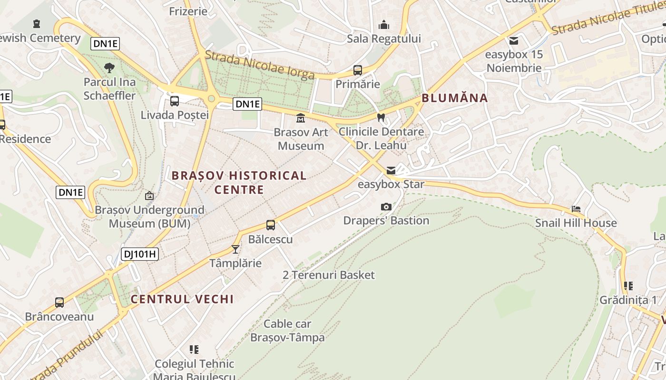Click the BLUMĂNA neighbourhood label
tap(454, 98)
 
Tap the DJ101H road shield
tap(139, 254)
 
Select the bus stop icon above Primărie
tap(358, 70)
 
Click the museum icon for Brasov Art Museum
tap(301, 118)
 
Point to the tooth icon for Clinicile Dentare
tap(381, 117)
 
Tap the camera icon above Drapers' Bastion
tap(386, 207)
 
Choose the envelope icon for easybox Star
tap(391, 170)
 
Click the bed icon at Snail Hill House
tap(576, 209)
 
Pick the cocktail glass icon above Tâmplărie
tap(235, 249)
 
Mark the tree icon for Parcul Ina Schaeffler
tap(109, 68)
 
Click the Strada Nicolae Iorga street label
tap(260, 65)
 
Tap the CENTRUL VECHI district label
tap(182, 299)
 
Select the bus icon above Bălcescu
tap(271, 225)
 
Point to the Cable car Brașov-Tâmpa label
tap(287, 331)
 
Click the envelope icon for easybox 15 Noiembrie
tap(514, 41)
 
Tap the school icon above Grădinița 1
tap(628, 286)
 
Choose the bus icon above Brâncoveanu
tap(59, 303)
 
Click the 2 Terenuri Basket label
tap(329, 275)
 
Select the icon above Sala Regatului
tap(384, 25)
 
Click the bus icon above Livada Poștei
tap(175, 101)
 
